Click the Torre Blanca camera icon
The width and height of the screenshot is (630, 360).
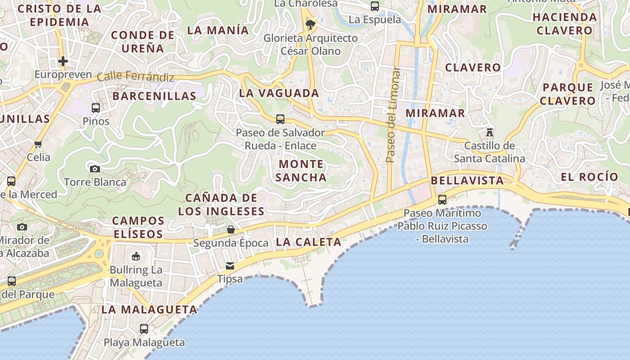[x=95, y=169]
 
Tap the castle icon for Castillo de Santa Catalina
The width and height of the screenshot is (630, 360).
[x=490, y=132]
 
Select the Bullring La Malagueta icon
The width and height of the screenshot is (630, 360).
[x=135, y=256]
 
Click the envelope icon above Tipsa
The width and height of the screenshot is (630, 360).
[x=230, y=265]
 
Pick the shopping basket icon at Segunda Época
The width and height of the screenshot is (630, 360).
[x=231, y=229]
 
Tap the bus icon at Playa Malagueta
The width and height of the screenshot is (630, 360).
[x=144, y=328]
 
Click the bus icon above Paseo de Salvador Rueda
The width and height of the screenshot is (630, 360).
[x=280, y=119]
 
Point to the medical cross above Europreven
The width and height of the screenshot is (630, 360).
[x=63, y=61]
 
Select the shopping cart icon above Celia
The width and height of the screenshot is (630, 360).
[x=38, y=144]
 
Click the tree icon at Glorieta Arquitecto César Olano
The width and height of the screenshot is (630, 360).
[x=310, y=24]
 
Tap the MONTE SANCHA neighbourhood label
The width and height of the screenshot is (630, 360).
[x=301, y=171]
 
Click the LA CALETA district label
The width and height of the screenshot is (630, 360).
[x=309, y=242]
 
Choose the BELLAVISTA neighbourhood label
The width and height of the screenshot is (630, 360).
[x=467, y=181]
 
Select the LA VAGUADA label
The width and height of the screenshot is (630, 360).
[x=279, y=93]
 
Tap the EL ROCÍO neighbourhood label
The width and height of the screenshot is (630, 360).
[x=589, y=177]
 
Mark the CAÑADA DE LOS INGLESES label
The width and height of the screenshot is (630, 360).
[x=221, y=204]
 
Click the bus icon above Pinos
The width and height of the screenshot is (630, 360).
[x=96, y=108]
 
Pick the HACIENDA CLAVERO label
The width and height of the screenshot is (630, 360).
[x=565, y=24]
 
